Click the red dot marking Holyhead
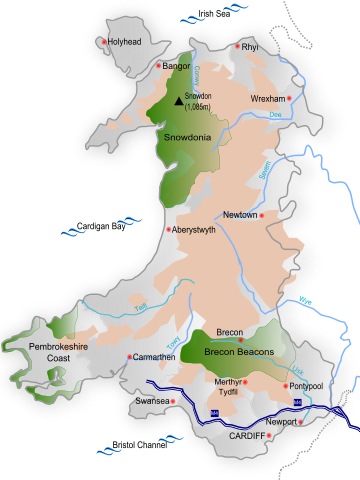(x=104, y=42)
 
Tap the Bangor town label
(x=176, y=66)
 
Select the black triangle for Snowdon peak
(x=179, y=100)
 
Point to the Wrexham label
(x=269, y=99)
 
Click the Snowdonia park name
(x=186, y=137)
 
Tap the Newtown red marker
(x=262, y=216)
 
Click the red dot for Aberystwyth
(x=167, y=229)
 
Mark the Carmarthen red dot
(x=129, y=356)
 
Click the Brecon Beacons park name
(x=232, y=353)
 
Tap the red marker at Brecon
(x=240, y=341)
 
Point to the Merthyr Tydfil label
(x=231, y=386)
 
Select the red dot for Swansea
(x=173, y=401)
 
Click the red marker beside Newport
(x=300, y=422)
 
